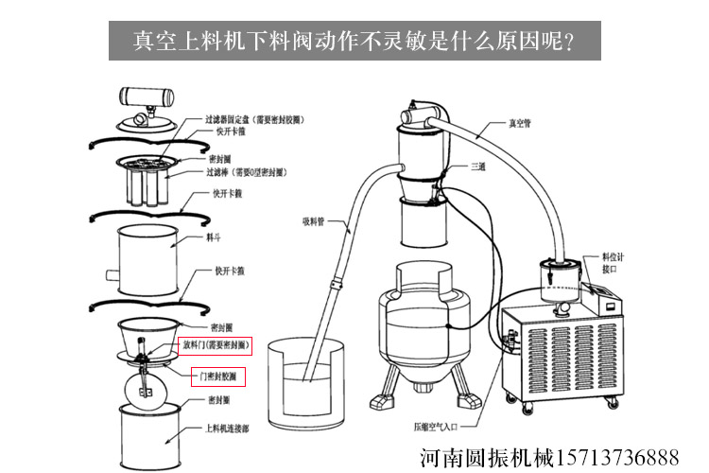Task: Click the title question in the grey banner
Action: (354, 41)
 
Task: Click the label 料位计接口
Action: (614, 262)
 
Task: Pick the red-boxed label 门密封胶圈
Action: (218, 376)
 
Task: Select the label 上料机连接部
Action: (228, 427)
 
